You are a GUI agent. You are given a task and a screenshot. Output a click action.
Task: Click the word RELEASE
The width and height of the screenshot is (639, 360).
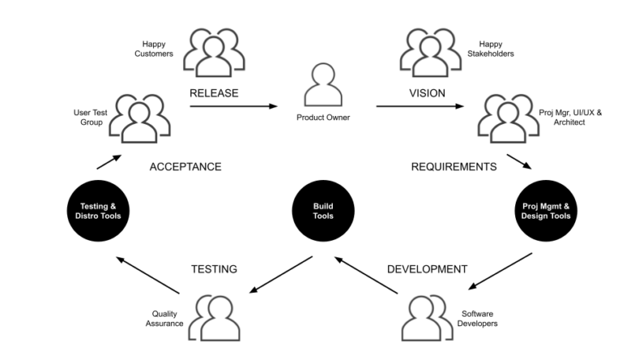(x=214, y=93)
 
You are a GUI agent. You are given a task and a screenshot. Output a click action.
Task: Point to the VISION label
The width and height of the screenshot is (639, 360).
(x=427, y=93)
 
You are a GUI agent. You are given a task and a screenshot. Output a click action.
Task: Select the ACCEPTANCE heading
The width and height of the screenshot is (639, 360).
(x=185, y=167)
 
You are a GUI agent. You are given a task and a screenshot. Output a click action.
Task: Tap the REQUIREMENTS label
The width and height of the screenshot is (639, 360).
(x=454, y=167)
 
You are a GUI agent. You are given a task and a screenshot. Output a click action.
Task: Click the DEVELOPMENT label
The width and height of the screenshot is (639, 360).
(x=427, y=269)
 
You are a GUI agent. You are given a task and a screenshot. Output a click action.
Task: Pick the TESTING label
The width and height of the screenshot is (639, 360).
(x=215, y=269)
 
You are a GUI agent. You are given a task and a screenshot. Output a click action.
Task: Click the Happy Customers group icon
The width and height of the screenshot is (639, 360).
(x=211, y=52)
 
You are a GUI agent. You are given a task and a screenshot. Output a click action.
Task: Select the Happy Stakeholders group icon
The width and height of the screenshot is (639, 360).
(x=430, y=52)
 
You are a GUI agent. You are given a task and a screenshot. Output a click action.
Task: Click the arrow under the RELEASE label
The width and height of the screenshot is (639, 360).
(x=235, y=107)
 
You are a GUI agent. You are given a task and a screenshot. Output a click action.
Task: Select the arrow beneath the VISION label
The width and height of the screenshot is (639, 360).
(x=423, y=107)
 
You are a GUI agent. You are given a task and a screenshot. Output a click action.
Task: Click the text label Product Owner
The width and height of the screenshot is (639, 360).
(x=323, y=118)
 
